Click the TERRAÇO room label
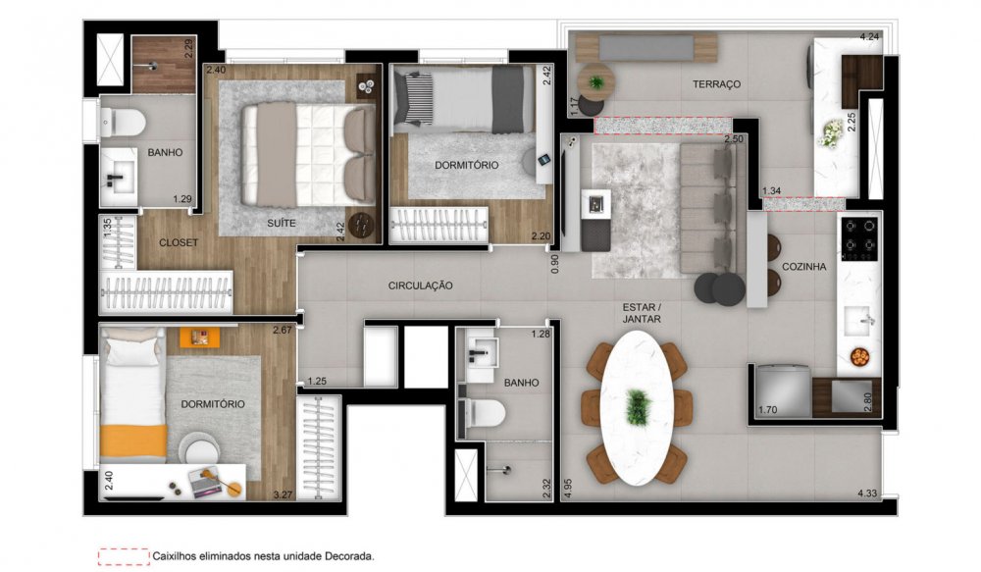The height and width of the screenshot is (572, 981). [x=716, y=83]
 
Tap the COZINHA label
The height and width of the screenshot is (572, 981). [x=804, y=267]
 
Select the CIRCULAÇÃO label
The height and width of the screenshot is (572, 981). [x=421, y=286]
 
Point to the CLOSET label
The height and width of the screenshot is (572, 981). [x=179, y=242]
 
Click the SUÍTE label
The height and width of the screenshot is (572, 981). [x=282, y=223]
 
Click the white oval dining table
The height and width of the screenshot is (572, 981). [x=637, y=407]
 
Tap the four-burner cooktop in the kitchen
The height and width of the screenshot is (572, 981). [x=859, y=239]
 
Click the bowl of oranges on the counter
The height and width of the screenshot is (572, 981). [x=859, y=357]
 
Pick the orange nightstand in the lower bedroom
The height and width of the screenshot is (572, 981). [x=200, y=337]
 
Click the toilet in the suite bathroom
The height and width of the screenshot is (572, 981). [x=123, y=123]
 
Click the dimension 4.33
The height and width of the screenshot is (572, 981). [x=867, y=494]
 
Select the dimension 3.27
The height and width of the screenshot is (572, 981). [x=283, y=494]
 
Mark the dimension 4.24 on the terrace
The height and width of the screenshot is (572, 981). [x=869, y=36]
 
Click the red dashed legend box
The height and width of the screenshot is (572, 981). [x=124, y=556]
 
